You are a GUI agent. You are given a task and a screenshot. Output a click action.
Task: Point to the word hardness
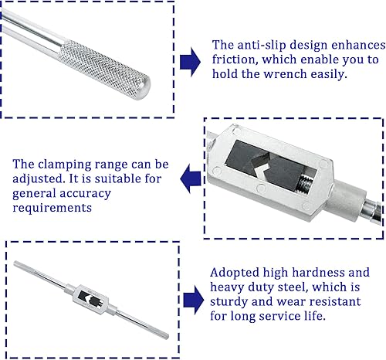tap(343, 273)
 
